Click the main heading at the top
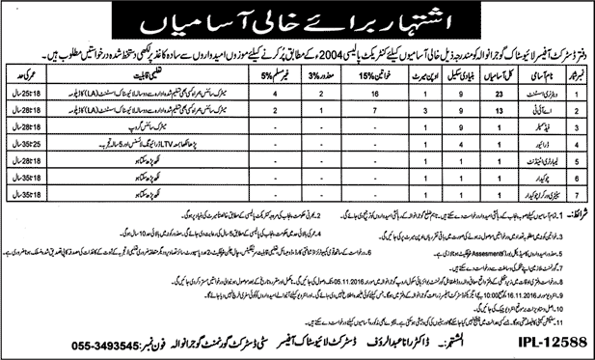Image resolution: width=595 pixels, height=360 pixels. point(297,20)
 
